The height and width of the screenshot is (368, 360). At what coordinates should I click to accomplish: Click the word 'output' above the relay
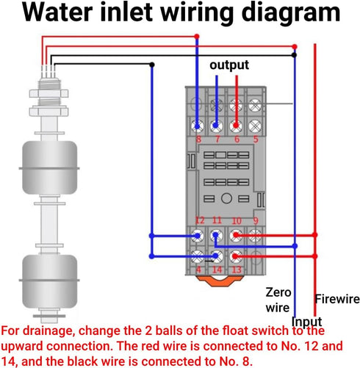[229, 65]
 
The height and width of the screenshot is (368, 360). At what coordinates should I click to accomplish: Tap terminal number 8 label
[198, 139]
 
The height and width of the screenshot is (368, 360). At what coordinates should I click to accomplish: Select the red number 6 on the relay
[236, 139]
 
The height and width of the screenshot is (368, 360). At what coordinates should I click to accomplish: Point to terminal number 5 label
[256, 139]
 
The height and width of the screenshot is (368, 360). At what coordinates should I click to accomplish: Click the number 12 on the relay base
[199, 221]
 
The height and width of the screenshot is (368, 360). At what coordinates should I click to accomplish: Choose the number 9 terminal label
[256, 221]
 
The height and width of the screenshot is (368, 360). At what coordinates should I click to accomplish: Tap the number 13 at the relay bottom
[237, 270]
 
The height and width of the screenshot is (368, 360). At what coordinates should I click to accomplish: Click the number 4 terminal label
[199, 270]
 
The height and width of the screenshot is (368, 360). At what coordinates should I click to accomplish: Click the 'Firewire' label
[337, 299]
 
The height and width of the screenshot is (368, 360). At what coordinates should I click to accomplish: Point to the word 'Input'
[306, 322]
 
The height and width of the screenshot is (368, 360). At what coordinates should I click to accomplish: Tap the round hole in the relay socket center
[226, 198]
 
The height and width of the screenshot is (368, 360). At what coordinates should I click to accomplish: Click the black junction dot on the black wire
[151, 65]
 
